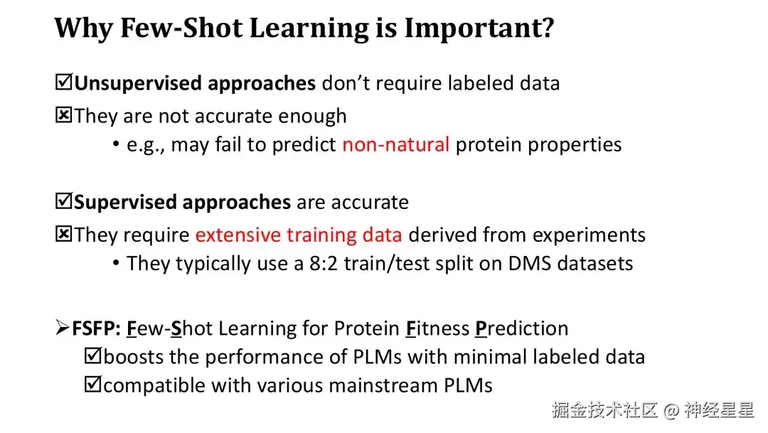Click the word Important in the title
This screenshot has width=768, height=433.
coord(479,28)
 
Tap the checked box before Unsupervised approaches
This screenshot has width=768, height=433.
coord(64,82)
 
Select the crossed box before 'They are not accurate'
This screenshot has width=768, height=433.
coord(64,115)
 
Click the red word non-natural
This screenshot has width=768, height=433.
coord(396,144)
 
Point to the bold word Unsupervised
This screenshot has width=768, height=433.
coord(137,83)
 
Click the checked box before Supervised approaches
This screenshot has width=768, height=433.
coord(64,201)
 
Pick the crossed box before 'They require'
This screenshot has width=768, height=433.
coord(64,234)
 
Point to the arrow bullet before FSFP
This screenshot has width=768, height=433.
coord(62,327)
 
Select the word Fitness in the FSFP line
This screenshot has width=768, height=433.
coord(437,328)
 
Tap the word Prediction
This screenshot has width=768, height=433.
coord(522,328)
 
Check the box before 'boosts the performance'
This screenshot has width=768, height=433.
coord(92,356)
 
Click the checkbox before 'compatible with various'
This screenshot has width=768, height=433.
coord(92,384)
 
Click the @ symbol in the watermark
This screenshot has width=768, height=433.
coord(671,410)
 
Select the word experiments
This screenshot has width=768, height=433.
coord(590,235)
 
